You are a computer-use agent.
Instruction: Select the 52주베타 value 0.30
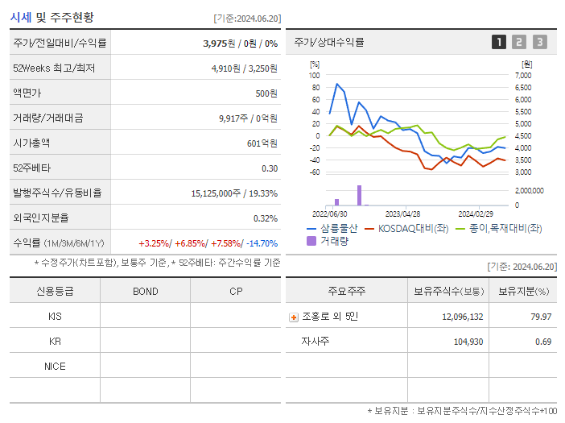pos(269,168)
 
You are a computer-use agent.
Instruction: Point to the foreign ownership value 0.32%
pos(265,218)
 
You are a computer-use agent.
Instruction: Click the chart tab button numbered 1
pos(499,42)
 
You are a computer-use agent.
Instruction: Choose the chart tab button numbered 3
pos(539,42)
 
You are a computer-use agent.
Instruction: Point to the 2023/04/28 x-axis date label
pos(402,214)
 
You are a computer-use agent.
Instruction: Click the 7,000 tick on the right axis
pos(522,75)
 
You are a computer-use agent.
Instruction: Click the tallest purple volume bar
pos(359,195)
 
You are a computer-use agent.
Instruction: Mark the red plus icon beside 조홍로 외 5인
pos(293,317)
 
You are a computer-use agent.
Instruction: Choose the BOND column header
pos(145,291)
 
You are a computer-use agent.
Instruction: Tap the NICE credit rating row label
pos(55,366)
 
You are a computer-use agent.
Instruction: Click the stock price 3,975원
pos(219,44)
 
